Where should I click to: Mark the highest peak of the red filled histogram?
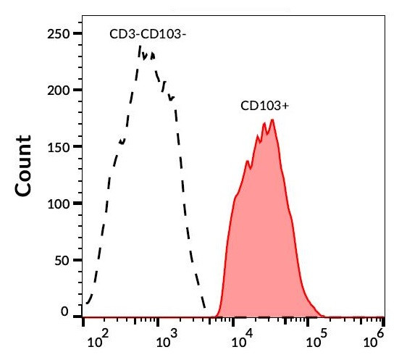pyautogui.click(x=272, y=120)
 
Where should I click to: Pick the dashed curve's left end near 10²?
pyautogui.click(x=88, y=302)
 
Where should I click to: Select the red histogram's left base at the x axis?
pyautogui.click(x=220, y=316)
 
